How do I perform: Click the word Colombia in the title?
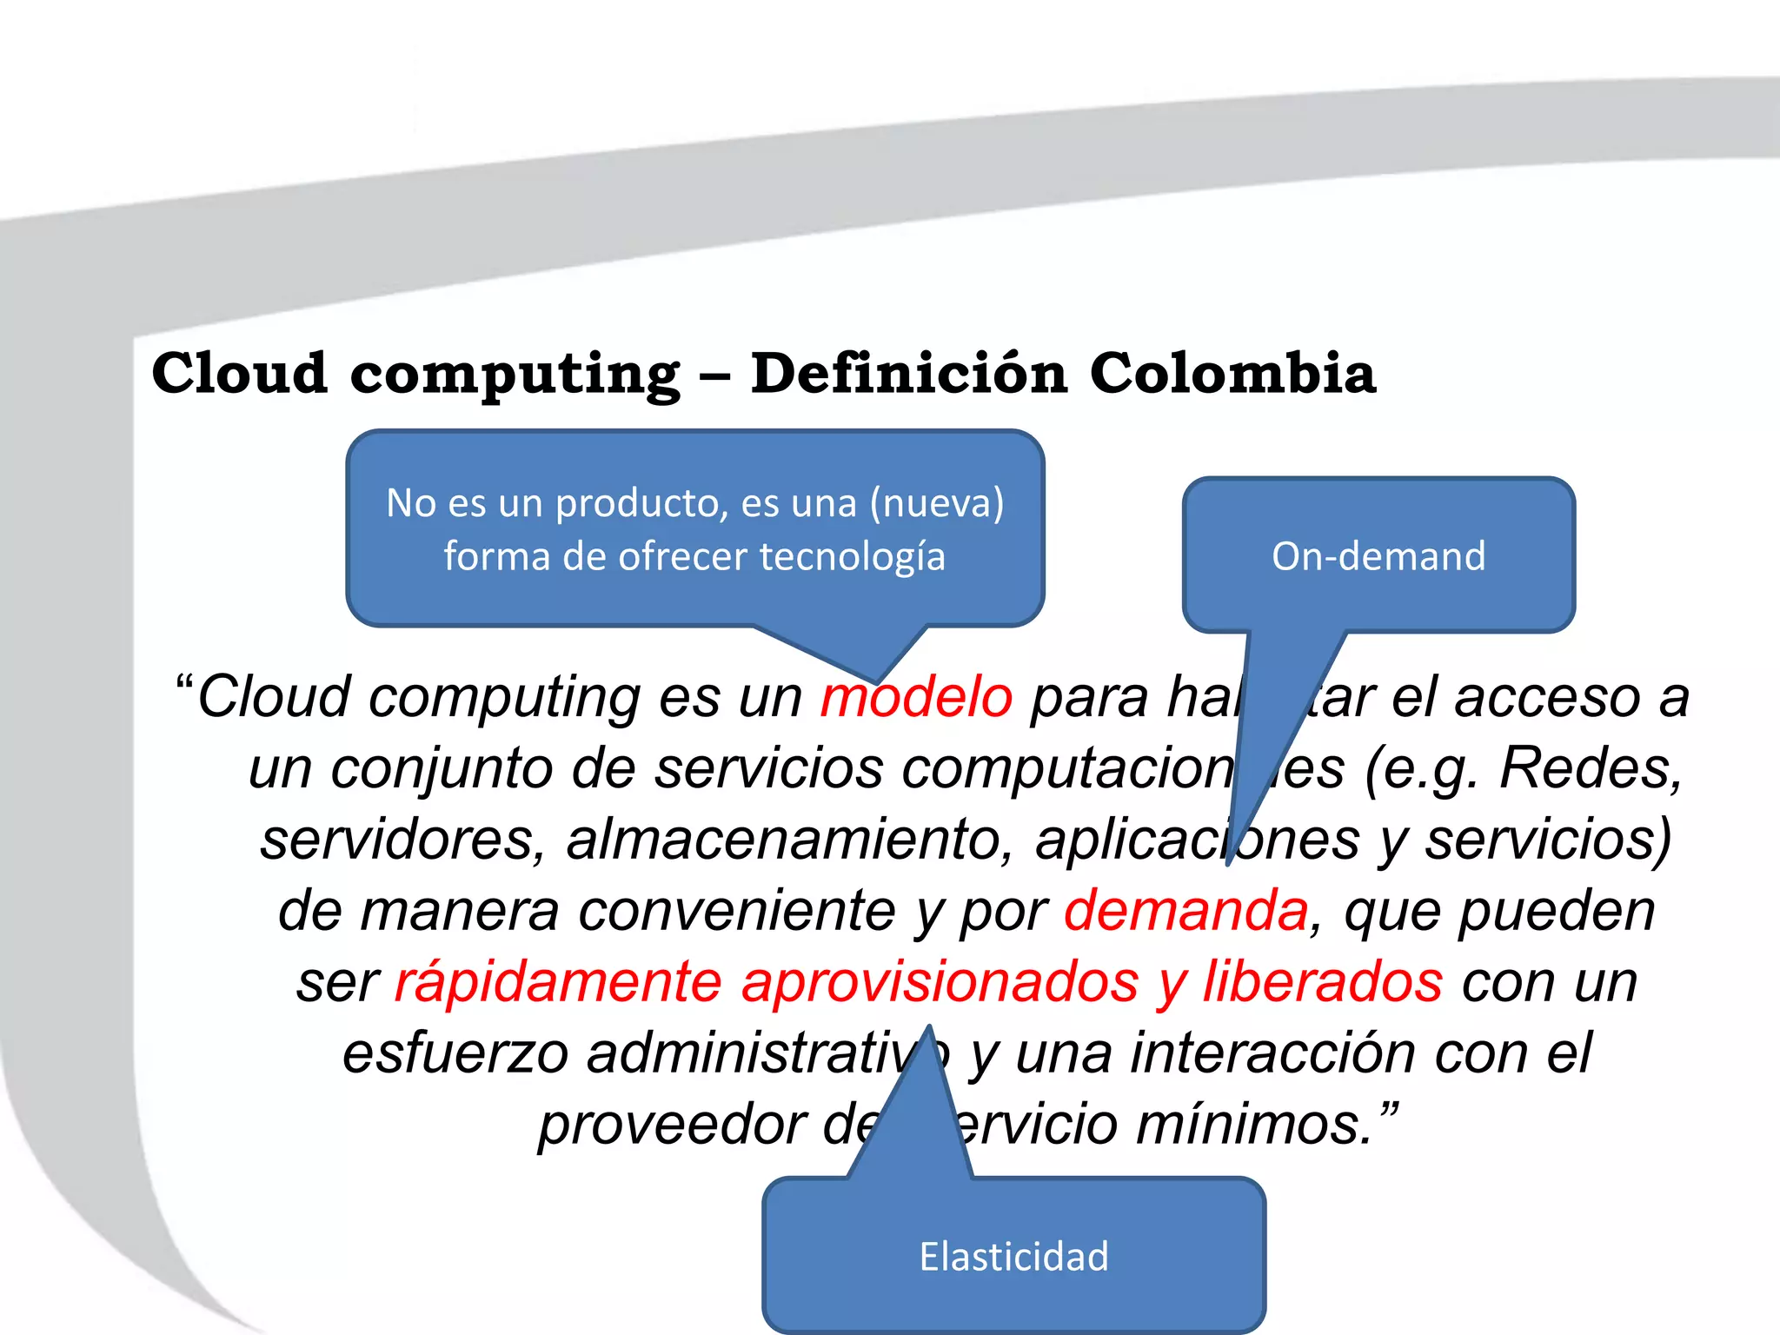(x=1232, y=373)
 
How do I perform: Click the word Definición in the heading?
(x=908, y=373)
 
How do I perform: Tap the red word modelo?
(x=916, y=697)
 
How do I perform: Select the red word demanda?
(x=1186, y=911)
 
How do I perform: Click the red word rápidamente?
(x=558, y=982)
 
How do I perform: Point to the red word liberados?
(x=1323, y=982)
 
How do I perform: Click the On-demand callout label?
(x=1378, y=556)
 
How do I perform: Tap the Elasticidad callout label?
(x=1013, y=1257)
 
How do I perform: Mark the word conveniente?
(x=736, y=911)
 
